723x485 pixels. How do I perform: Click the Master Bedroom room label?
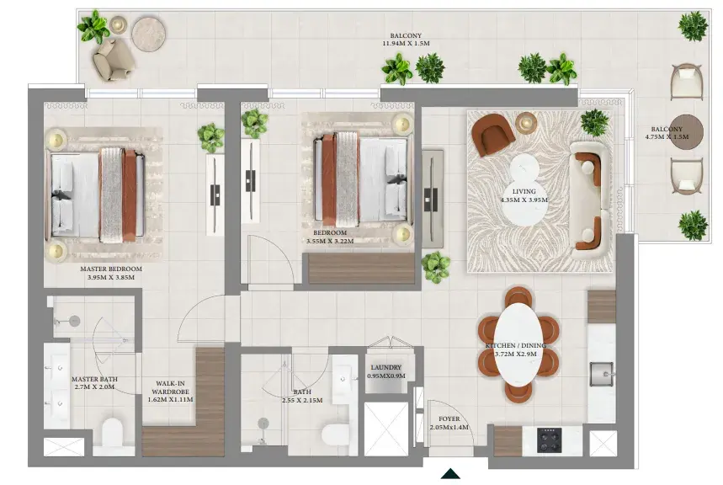pos(111,269)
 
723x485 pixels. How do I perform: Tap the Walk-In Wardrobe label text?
pos(171,387)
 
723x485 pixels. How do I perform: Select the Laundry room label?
pos(386,368)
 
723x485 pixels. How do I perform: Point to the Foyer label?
pos(449,419)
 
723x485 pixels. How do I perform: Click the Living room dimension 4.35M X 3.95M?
pos(524,200)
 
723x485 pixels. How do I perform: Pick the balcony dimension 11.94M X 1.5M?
pos(406,44)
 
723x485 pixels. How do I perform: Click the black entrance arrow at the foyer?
pos(450,474)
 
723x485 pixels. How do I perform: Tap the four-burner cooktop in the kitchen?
pos(549,440)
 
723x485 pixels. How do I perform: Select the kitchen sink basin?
pos(602,374)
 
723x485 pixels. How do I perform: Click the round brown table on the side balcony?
pos(686,132)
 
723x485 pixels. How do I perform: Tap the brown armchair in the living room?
pos(493,134)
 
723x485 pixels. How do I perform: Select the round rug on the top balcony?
pos(148,35)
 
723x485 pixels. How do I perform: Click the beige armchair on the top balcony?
pos(113,60)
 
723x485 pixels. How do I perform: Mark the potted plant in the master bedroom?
pos(211,137)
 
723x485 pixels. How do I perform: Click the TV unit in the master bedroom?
pos(215,195)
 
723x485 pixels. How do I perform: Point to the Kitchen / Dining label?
pos(515,345)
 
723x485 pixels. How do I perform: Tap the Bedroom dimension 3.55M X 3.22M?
pos(330,241)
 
